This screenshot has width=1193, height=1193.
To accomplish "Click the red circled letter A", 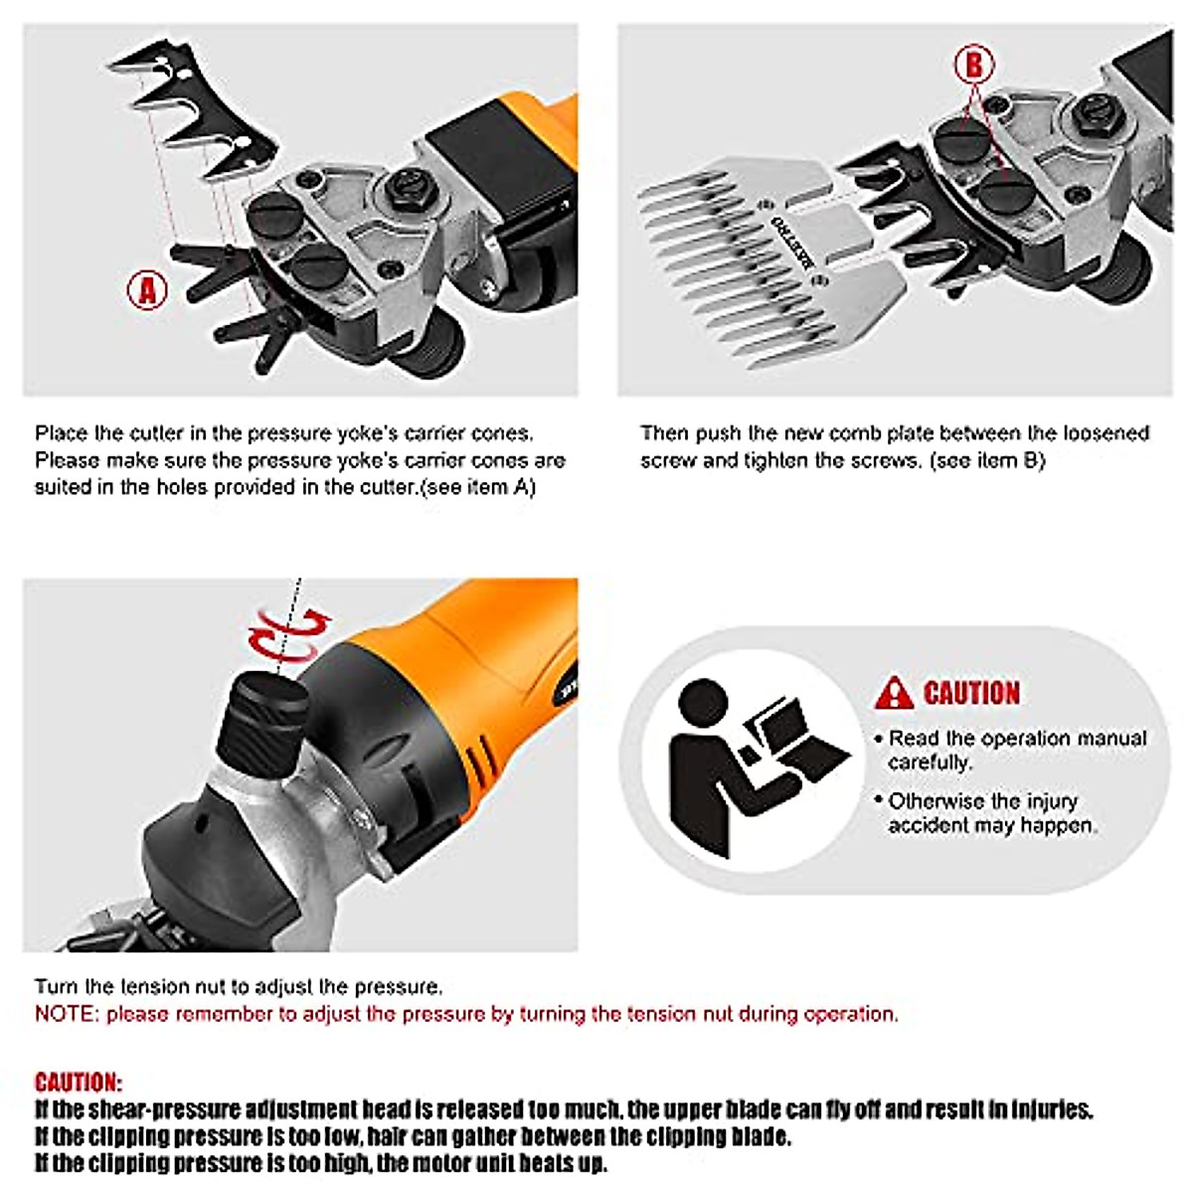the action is click(147, 289).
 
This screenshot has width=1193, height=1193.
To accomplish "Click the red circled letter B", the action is click(974, 64).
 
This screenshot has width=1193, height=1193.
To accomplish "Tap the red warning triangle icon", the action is click(894, 693).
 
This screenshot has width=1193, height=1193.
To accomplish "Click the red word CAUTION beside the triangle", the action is click(971, 693).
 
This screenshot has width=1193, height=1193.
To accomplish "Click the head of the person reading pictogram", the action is click(703, 704).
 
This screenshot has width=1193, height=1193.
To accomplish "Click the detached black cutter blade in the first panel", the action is click(193, 110).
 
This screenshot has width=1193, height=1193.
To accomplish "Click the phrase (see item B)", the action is click(987, 460).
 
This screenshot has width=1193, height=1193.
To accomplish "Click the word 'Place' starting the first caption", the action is click(62, 432).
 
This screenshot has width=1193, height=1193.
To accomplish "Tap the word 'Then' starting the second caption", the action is click(665, 432).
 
